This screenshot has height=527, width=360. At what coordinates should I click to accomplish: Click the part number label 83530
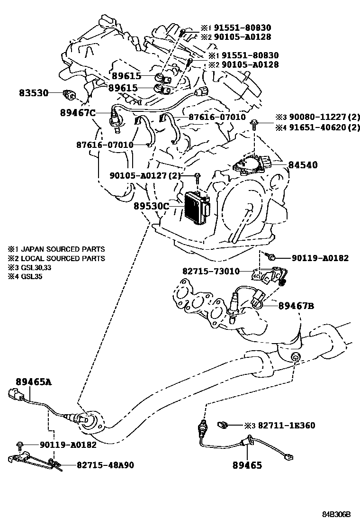coord(34,93)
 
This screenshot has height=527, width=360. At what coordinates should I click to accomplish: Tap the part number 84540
coord(302,165)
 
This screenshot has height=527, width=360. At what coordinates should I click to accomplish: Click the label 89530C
coord(151,206)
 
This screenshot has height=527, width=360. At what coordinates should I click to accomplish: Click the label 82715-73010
coord(211,271)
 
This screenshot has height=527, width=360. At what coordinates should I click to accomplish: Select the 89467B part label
coord(297,307)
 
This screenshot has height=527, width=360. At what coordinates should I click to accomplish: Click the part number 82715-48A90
coord(105,465)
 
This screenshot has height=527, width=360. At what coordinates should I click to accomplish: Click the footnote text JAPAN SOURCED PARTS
coord(62,249)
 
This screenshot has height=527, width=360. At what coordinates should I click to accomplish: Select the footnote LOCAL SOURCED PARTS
coord(62,258)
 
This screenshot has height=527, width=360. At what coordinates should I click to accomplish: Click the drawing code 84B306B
coord(336,514)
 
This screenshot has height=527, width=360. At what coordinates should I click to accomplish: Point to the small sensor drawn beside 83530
coord(70,95)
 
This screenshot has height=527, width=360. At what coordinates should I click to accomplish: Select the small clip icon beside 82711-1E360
coord(223,425)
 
